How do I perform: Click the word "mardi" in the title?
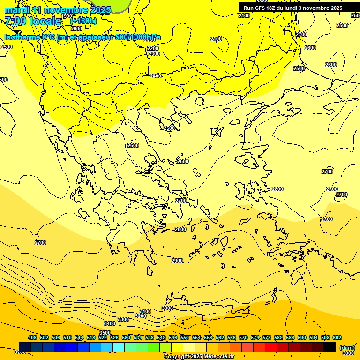pos(17,10)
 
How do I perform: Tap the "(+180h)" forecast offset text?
pos(83,21)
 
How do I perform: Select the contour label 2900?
pos(177,261)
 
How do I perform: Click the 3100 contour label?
pos(145,311)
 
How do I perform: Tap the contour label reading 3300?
pos(123,319)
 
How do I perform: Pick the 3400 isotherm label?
pos(110,323)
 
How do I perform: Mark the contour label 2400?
pos(156,76)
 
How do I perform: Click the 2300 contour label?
pos(154,54)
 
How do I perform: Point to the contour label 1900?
pos(67,16)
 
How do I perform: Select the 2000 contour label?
pos(76,29)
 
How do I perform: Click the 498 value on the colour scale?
pos(32,337)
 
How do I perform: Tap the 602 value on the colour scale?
pos(337,337)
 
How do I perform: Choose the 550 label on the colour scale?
pos(185,337)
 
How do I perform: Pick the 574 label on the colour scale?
pos(255,337)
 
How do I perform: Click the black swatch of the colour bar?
pos(330,347)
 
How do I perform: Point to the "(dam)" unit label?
pos(347,347)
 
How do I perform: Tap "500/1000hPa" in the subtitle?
pos(138,37)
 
